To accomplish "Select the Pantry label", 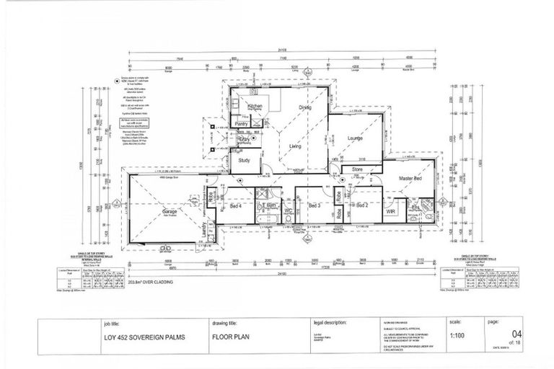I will coord(242,125).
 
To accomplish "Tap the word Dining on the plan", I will coord(305,107).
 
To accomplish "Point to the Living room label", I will coord(295,146).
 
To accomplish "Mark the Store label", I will coord(357,169).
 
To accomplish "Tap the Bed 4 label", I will coord(235,206).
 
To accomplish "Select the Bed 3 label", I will coord(315,205).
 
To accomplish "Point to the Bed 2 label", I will coord(362,205).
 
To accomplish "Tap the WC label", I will coord(289,210).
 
